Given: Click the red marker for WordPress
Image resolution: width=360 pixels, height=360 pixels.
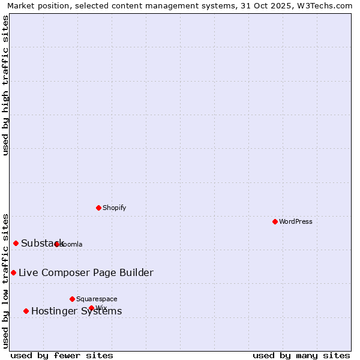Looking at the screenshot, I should coord(275,221).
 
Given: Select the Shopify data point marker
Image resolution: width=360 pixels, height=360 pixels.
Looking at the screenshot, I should coord(98,208).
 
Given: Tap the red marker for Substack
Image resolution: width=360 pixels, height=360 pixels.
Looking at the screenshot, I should coord(16,243).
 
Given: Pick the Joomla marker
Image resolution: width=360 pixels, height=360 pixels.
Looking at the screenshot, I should coord(56,244).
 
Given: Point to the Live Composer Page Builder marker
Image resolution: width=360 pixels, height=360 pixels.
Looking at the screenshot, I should coord(13,272).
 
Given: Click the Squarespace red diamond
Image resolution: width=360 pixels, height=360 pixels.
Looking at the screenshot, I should coord(72,299).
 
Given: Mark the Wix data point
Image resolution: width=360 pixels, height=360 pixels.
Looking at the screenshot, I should coord(91,308).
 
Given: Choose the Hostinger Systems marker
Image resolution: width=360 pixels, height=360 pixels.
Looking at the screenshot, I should coord(26,311).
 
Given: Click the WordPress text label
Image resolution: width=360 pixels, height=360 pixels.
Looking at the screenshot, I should coord(296,221).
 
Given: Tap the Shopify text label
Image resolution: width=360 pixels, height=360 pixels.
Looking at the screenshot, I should coord(114,208).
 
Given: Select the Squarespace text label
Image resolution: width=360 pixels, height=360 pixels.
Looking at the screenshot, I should coord(97,299).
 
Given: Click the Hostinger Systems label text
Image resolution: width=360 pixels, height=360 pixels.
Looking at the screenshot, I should coord(76,311).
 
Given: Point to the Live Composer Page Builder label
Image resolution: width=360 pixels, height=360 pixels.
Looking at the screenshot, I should coord(86,272).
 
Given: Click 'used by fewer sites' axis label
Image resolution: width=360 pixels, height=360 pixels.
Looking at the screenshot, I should coord(62,355).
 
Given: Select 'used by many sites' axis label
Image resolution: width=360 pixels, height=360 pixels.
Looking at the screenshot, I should coord(301,355).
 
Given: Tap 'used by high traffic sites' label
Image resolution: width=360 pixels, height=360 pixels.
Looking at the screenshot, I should coord(5,85).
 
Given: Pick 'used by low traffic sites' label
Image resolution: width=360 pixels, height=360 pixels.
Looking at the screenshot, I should coord(5,280).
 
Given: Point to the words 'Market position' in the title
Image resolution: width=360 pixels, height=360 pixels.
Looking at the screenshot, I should coord(35,5).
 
